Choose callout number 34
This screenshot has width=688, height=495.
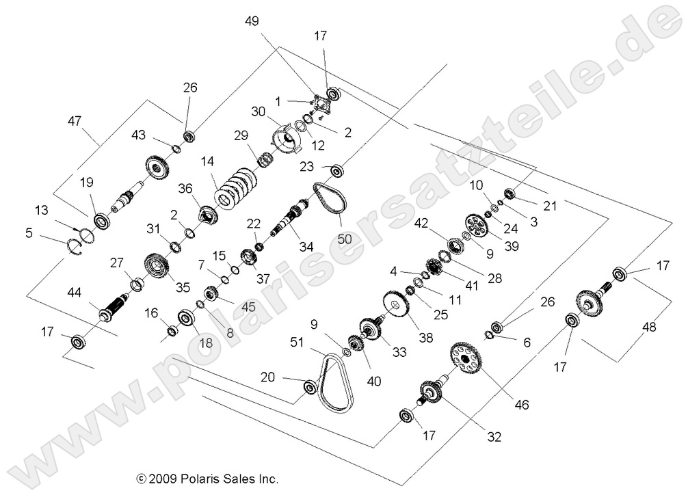[306, 245]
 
